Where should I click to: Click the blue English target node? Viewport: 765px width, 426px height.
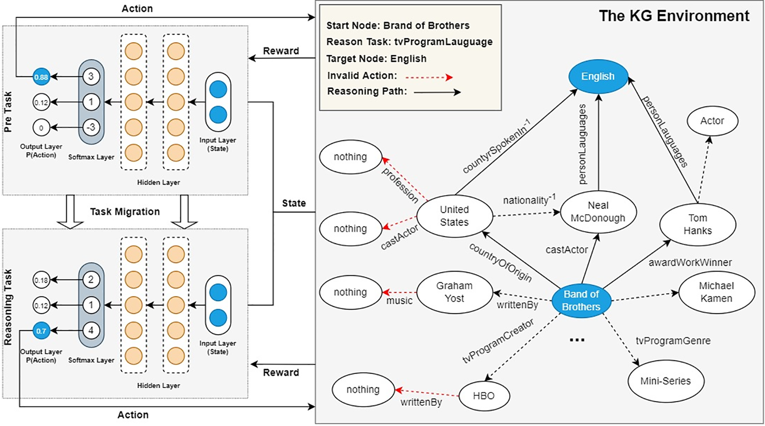click(x=598, y=77)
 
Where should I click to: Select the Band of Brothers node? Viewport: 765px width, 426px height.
click(x=581, y=300)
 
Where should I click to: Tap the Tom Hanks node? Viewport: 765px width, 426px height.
click(x=697, y=224)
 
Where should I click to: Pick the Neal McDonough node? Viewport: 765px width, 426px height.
click(x=598, y=212)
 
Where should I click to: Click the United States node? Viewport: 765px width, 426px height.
click(x=454, y=216)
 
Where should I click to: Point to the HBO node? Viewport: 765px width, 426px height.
click(x=484, y=396)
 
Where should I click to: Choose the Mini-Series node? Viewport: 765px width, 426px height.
click(x=666, y=381)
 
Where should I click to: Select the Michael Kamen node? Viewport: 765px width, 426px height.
click(x=716, y=292)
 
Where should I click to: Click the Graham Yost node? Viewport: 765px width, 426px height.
click(x=454, y=292)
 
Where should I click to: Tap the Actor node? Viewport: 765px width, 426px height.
click(x=712, y=121)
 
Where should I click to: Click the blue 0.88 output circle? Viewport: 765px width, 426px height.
click(x=41, y=77)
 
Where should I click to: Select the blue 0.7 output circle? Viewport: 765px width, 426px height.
click(x=41, y=331)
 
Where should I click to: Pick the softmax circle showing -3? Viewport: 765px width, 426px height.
click(x=91, y=128)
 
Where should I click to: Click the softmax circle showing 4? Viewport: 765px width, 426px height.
click(x=91, y=331)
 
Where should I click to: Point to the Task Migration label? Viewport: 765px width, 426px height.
click(x=125, y=212)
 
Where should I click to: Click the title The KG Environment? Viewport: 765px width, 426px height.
click(x=674, y=16)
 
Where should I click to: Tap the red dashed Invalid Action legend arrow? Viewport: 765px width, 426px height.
click(x=429, y=77)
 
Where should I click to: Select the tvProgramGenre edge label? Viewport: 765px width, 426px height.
click(x=673, y=341)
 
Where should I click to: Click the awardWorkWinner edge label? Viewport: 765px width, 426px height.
click(x=690, y=262)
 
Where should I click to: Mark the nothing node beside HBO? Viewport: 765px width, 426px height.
click(x=363, y=389)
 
